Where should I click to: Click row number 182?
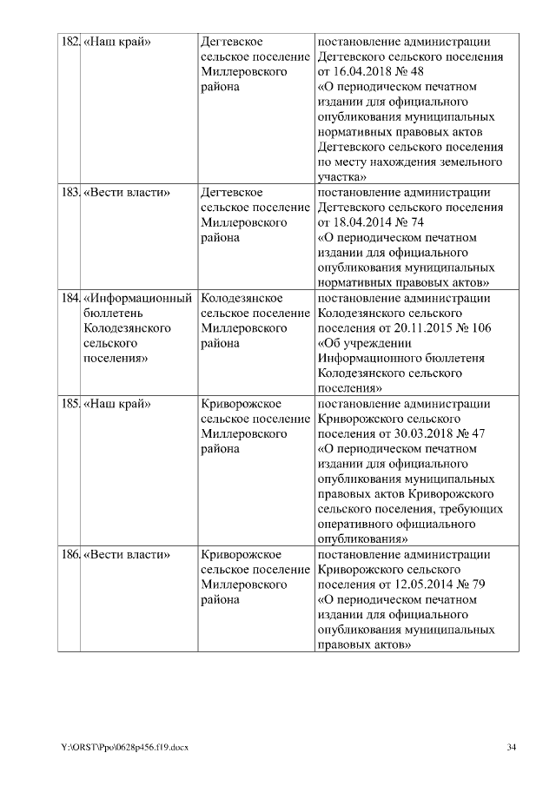69,42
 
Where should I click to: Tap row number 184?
69,298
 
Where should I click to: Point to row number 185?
69,404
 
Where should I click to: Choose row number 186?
69,554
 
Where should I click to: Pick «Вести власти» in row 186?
126,554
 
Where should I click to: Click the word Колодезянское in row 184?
244,298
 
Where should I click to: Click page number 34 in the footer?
512,747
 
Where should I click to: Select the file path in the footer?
123,747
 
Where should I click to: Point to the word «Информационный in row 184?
137,298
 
